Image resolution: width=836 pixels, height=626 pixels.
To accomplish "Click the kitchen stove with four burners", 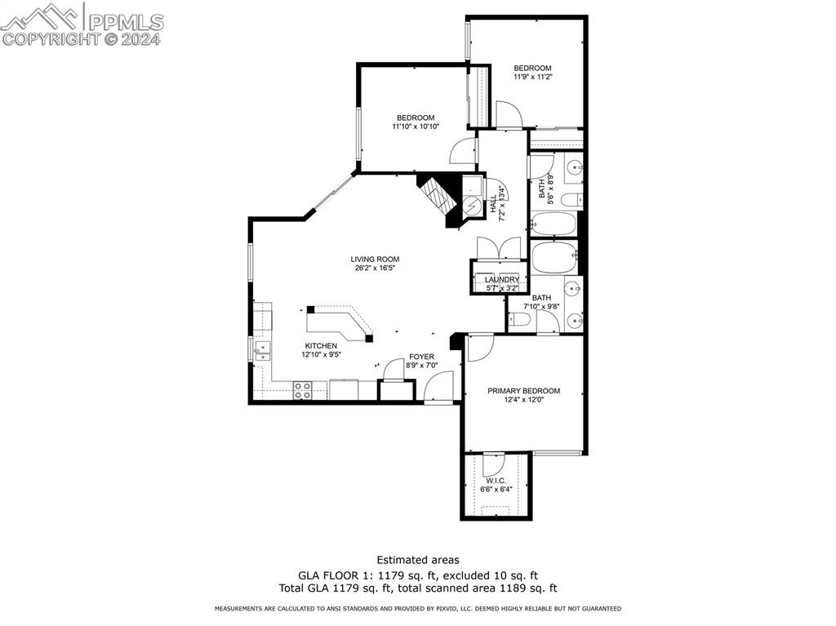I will [x=302, y=391].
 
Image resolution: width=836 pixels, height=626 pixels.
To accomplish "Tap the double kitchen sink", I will [x=261, y=350].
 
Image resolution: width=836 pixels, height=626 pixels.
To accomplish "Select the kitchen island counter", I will [x=340, y=322].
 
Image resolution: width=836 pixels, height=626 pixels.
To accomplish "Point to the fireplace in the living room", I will [x=438, y=198].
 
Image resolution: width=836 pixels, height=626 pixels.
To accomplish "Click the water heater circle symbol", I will [x=472, y=207].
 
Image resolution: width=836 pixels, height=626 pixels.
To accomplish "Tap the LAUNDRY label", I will [x=502, y=280].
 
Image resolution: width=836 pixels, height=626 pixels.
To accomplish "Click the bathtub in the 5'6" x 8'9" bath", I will [x=554, y=224].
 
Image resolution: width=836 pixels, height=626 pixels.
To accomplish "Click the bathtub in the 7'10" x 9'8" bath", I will [x=554, y=257].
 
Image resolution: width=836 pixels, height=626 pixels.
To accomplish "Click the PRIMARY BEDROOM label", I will [x=523, y=391].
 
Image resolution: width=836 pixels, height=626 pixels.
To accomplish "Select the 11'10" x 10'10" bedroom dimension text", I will [x=416, y=127].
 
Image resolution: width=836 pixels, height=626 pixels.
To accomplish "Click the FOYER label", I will [x=421, y=357].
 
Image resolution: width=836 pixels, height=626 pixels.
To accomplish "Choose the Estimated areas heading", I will [x=417, y=560].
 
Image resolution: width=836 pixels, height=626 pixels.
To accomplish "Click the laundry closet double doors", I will [x=498, y=248].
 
